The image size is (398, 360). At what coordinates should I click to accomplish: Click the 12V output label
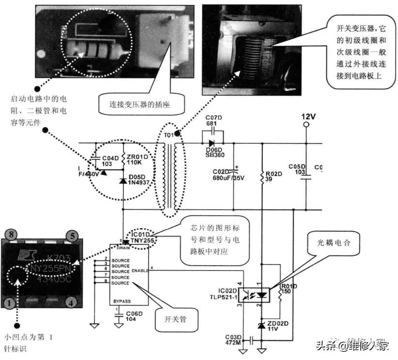pos(308,117)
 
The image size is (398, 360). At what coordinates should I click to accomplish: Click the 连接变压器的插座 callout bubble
pos(135,103)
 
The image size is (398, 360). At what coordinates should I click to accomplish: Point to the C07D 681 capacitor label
pos(213,122)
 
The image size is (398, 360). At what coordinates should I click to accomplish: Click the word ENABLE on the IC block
pos(139,271)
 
